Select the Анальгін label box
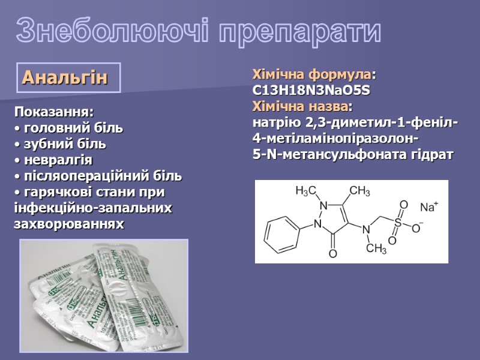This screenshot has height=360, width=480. click(69, 77)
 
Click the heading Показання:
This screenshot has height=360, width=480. click(54, 112)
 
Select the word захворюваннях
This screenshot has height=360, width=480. click(69, 224)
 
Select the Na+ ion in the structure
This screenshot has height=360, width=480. click(428, 208)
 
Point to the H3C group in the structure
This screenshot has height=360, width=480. click(306, 191)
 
